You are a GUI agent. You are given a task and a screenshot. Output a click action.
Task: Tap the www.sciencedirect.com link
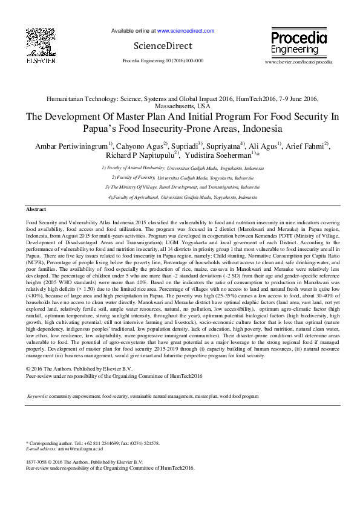click(186, 30)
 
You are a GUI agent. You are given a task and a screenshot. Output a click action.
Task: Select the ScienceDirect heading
click(163, 46)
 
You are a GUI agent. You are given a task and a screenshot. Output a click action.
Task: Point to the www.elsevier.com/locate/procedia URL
click(299, 62)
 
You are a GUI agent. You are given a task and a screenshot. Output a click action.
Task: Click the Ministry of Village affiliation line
click(182, 187)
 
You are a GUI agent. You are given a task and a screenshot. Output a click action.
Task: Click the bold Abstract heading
click(36, 209)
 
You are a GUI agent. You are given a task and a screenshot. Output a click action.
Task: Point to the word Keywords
click(38, 397)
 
